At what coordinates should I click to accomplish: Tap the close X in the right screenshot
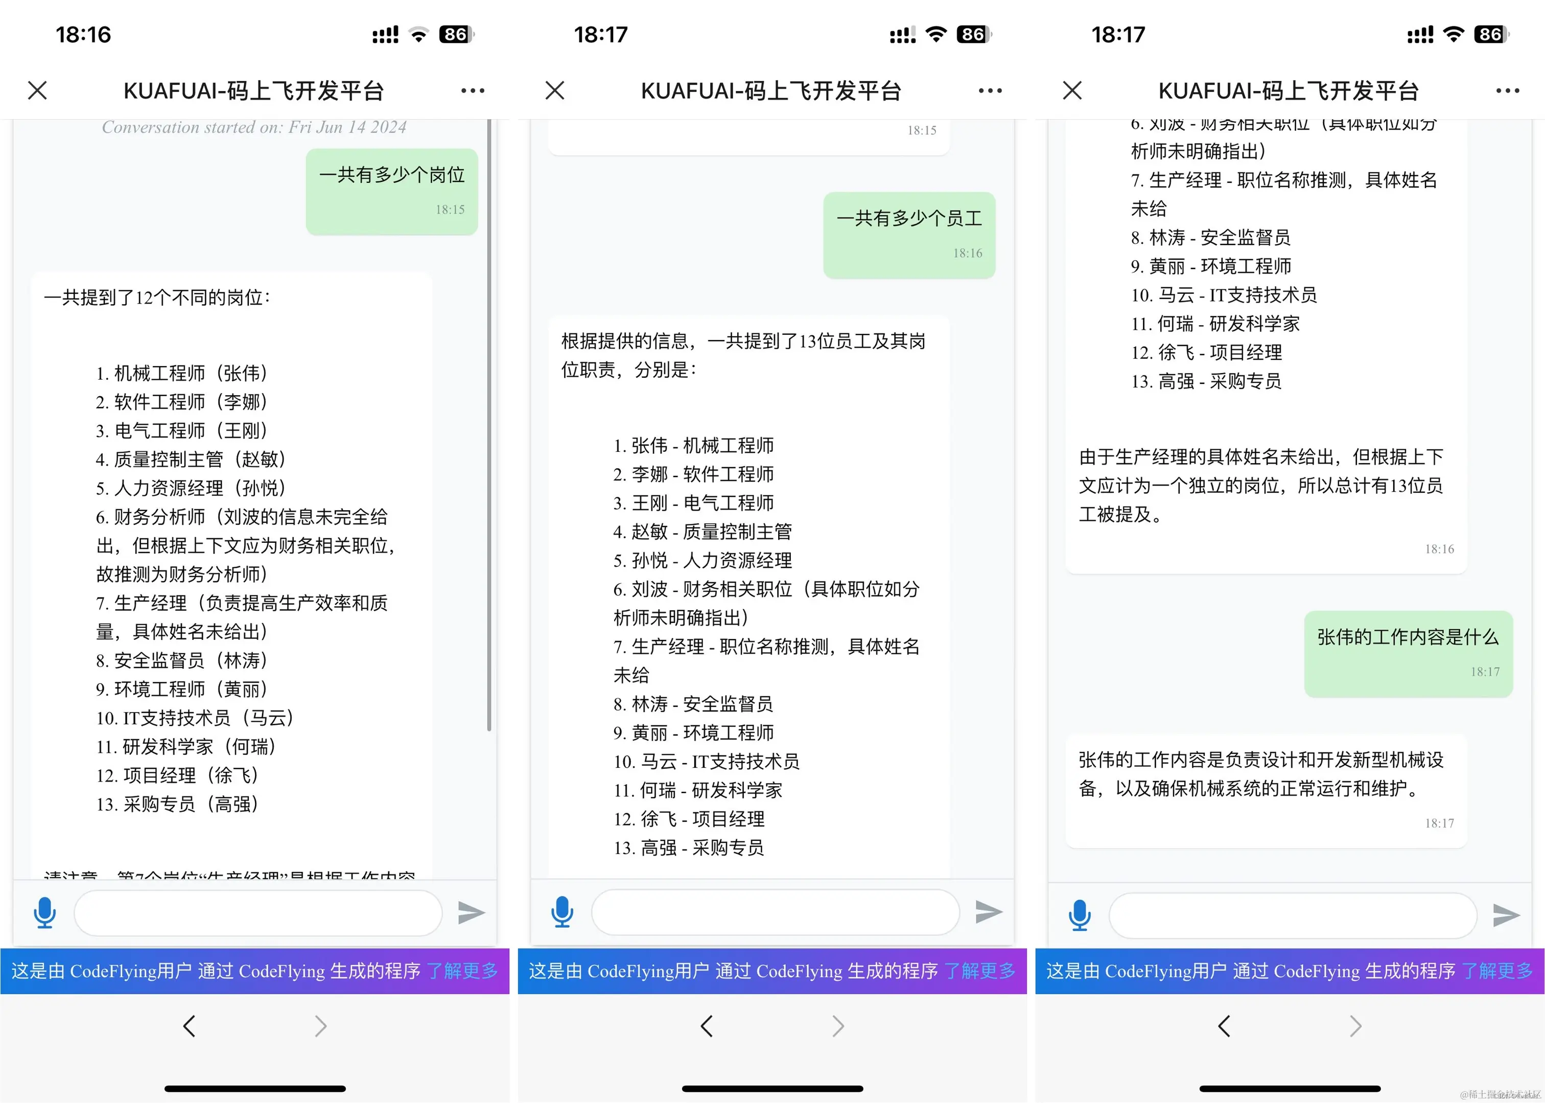coord(1072,90)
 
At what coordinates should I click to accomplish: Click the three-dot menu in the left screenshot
coord(473,90)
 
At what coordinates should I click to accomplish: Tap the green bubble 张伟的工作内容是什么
coord(1408,653)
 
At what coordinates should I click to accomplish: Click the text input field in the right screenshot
coord(1293,915)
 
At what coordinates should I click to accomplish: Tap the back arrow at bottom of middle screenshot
coord(707,1026)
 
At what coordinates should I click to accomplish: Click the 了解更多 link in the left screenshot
coord(462,971)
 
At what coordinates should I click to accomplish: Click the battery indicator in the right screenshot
coord(1491,34)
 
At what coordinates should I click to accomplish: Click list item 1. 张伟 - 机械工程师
coord(693,446)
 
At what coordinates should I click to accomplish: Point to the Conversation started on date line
coord(254,127)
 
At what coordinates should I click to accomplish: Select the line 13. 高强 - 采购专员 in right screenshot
coord(1206,381)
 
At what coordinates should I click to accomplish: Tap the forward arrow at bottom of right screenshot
coord(1355,1026)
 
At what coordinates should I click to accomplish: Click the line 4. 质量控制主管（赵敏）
coord(190,459)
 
